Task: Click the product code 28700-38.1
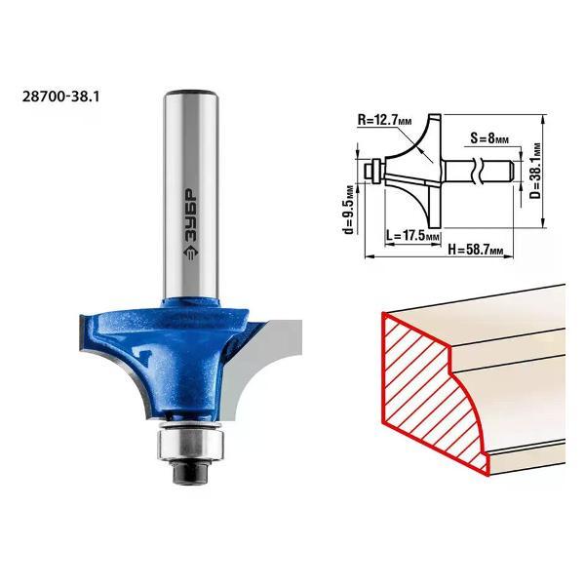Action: pyautogui.click(x=61, y=97)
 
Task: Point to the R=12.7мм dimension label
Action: pyautogui.click(x=385, y=120)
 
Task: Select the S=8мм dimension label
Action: pyautogui.click(x=489, y=138)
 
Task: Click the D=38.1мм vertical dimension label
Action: pyautogui.click(x=536, y=171)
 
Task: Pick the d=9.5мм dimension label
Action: pyautogui.click(x=348, y=210)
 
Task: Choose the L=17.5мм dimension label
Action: pyautogui.click(x=412, y=236)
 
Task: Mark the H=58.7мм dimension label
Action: pyautogui.click(x=476, y=250)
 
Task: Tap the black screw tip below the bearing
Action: pyautogui.click(x=190, y=472)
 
